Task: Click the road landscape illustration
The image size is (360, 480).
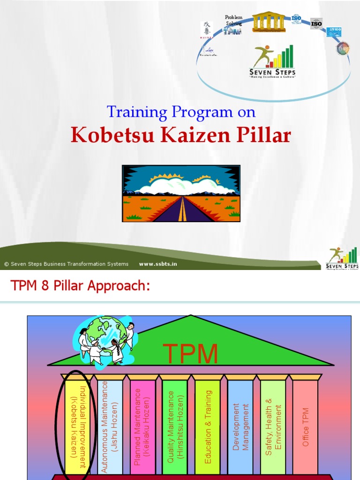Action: point(181,193)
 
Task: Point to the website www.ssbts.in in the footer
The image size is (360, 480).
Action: point(158,264)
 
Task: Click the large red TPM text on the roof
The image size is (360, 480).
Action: point(190,354)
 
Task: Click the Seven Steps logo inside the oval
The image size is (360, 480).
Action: point(273,61)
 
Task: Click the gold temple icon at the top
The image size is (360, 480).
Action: point(268,22)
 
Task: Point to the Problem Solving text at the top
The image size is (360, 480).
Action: point(233,20)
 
